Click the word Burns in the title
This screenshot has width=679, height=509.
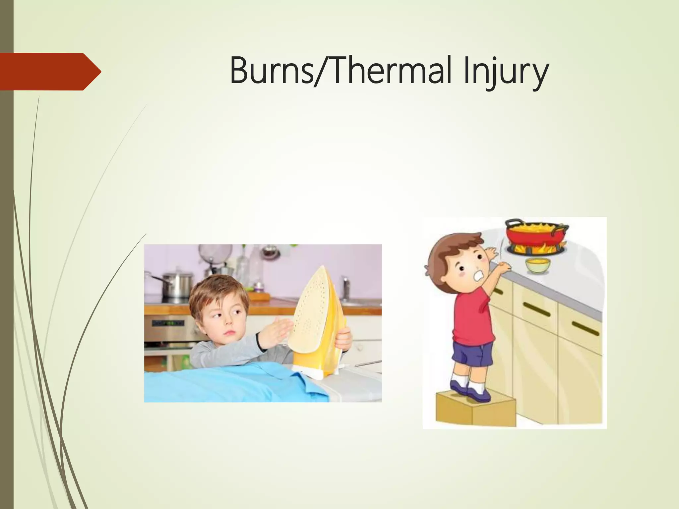click(x=271, y=72)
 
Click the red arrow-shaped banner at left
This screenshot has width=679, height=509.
click(x=50, y=72)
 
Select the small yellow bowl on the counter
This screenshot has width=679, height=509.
click(x=538, y=265)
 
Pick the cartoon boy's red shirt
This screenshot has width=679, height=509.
click(x=472, y=318)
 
